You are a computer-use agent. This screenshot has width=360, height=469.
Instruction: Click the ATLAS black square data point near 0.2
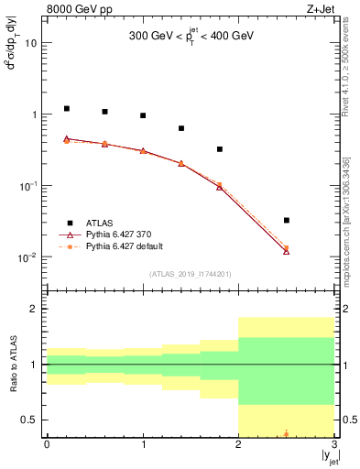[x=66, y=108]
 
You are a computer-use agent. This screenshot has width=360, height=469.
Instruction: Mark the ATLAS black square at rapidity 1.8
[x=220, y=149]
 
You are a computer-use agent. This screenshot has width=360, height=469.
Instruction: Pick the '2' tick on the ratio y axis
[x=35, y=309]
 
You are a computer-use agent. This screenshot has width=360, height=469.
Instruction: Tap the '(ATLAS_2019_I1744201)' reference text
[x=191, y=274]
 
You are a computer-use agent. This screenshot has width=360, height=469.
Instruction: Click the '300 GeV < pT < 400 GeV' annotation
[x=191, y=38]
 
